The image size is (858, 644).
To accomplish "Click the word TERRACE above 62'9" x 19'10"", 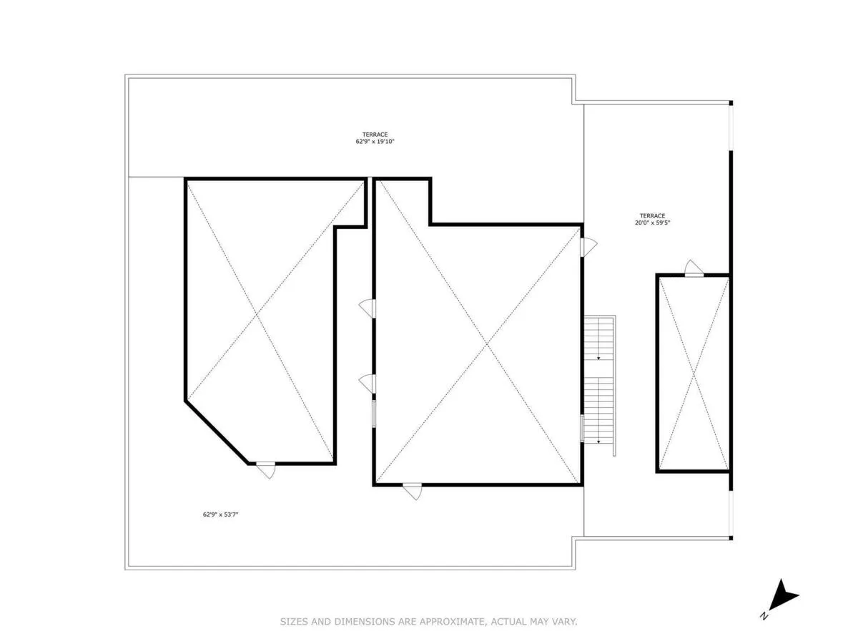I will tap(375, 135).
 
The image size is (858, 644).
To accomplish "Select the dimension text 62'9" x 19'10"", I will tap(375, 142).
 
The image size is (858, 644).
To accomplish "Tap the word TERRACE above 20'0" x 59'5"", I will tap(652, 215).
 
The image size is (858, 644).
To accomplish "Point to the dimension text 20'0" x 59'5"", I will tap(652, 223).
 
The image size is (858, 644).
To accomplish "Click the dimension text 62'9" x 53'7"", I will tap(221, 514).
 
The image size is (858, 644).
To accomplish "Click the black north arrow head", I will tap(786, 593).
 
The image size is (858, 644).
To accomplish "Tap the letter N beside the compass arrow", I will tap(765, 615).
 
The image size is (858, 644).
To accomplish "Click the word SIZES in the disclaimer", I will tap(294, 622).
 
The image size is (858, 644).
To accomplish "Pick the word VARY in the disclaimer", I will tap(563, 622).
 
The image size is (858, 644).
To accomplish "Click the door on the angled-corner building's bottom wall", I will tap(266, 469).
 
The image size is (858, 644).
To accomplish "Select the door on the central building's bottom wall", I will tap(412, 491).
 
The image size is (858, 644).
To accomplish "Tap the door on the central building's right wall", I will tap(588, 247).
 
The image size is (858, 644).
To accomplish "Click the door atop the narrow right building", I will tap(694, 268).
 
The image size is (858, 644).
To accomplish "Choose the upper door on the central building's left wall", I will tap(368, 308).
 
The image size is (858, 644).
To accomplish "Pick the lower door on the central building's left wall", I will tap(368, 384).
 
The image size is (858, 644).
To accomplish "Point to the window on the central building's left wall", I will tap(373, 414).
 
